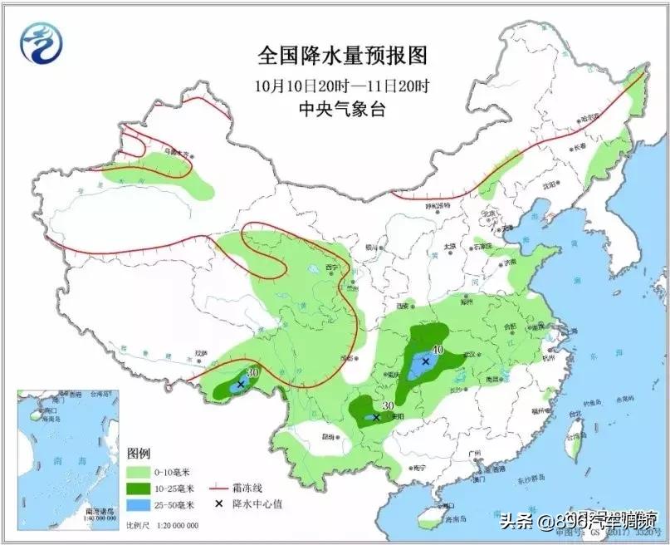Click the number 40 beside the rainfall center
point(438,350)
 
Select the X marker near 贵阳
point(376,417)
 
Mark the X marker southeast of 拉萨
point(241,385)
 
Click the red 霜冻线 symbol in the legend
point(218,489)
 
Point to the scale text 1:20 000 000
point(174,526)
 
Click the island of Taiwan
point(573,427)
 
